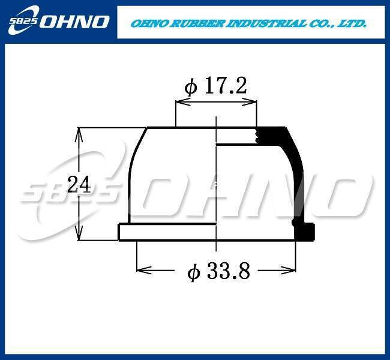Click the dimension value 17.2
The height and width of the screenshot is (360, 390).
226,86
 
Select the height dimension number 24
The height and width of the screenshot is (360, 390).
79,184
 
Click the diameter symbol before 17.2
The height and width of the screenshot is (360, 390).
191,87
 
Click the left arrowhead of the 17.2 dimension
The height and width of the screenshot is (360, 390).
183,101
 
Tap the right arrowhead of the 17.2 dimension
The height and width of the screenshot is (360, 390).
249,101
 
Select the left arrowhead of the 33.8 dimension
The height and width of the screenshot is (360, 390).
144,270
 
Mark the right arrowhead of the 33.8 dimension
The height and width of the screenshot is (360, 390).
289,270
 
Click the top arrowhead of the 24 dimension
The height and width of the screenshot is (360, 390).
79,135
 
